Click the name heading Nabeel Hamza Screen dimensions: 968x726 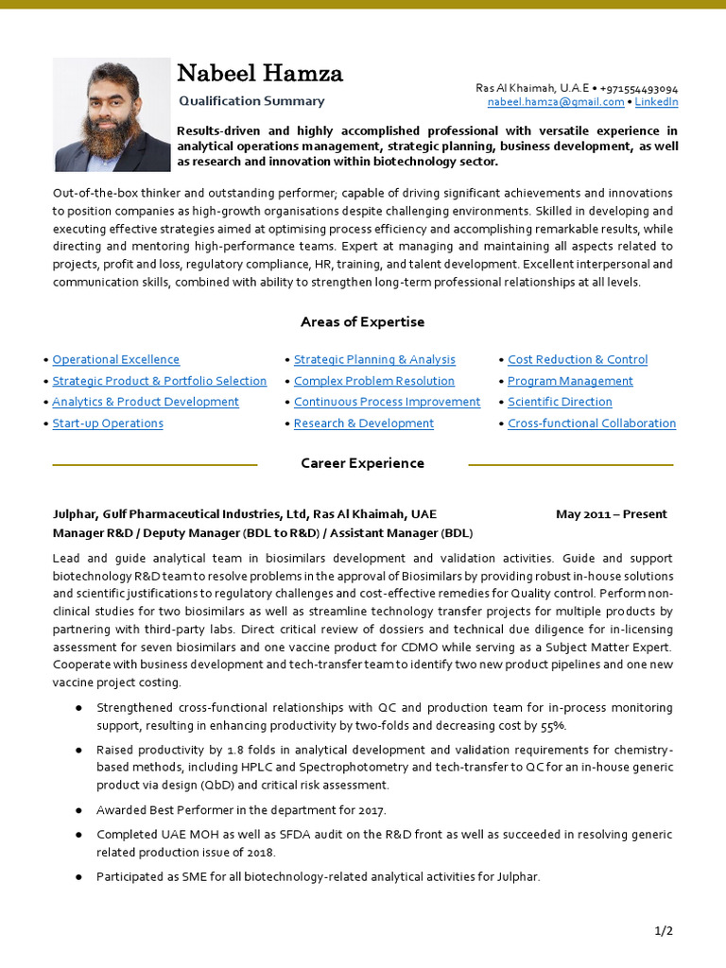260,73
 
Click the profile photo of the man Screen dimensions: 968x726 112,114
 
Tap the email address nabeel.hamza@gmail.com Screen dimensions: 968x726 556,102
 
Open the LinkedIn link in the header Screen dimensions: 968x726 656,102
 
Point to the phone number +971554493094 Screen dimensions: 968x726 638,88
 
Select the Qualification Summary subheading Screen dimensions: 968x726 251,101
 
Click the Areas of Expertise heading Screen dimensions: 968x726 362,322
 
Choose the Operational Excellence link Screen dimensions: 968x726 115,360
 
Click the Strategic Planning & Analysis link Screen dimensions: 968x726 374,360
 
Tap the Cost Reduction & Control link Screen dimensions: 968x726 578,360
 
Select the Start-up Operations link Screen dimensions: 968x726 108,423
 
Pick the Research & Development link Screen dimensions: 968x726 364,423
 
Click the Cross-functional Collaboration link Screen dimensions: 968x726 592,423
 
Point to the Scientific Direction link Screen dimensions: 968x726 560,402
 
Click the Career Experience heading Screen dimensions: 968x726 362,464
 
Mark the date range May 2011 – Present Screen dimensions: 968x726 611,514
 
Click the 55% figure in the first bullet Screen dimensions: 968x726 553,726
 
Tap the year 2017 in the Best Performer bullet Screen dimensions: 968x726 372,810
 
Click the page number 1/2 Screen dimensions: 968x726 664,931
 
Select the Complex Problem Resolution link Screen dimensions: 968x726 374,381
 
